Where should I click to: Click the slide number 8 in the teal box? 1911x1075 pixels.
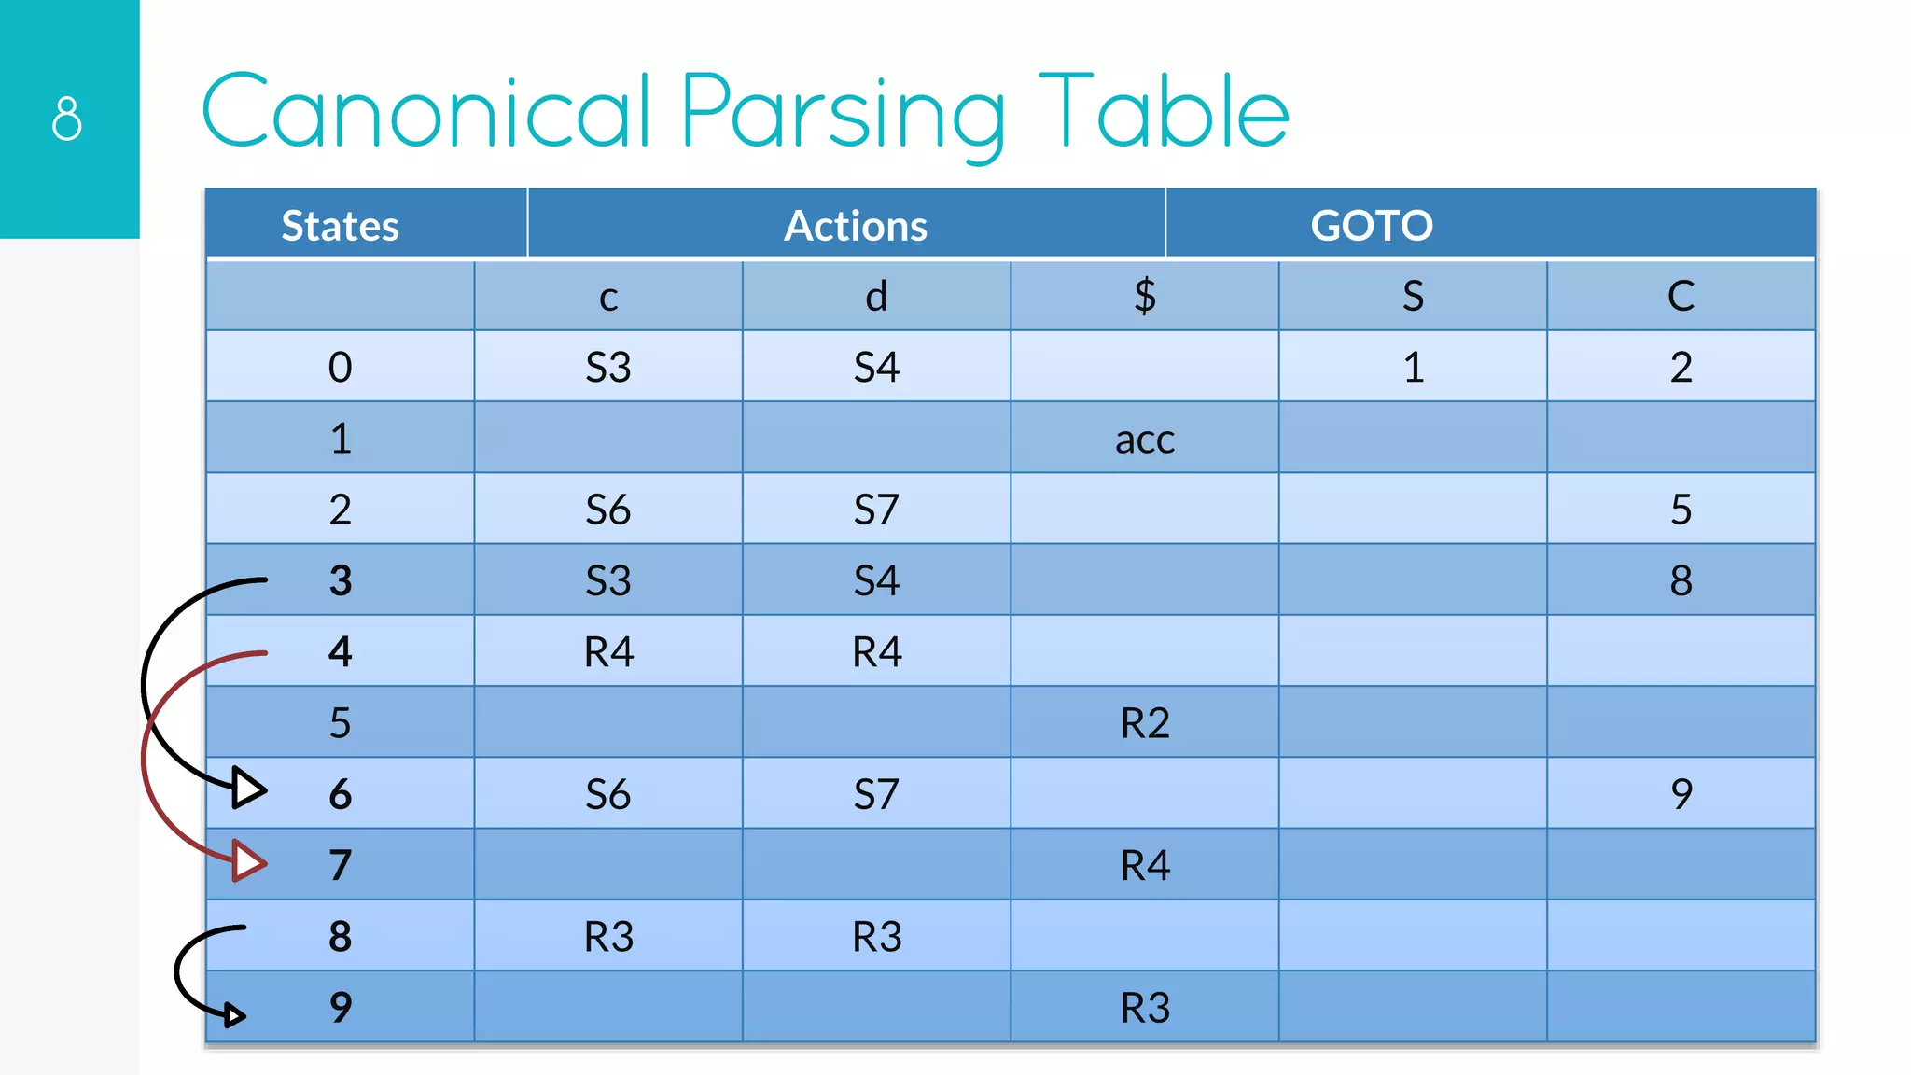(67, 119)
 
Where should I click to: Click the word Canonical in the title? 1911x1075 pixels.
(425, 112)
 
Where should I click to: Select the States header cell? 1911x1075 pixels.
(341, 226)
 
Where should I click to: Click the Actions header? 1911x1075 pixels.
(856, 226)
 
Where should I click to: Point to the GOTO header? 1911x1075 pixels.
(1372, 226)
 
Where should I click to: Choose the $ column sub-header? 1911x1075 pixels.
(1145, 297)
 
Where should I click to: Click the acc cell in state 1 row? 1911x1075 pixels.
(1145, 440)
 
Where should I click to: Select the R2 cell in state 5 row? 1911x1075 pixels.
(1145, 723)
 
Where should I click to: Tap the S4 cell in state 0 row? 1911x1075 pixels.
(877, 368)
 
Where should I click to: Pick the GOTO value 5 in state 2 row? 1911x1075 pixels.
(1681, 510)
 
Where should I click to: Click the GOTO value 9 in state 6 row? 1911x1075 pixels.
(1681, 794)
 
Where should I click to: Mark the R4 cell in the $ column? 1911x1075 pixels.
(1145, 866)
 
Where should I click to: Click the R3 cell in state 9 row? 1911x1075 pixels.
(1145, 1008)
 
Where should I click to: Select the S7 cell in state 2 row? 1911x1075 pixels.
(877, 510)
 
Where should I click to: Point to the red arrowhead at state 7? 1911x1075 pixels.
(248, 860)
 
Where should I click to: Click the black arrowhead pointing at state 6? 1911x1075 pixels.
(248, 789)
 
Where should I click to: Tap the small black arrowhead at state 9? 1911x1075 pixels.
(234, 1014)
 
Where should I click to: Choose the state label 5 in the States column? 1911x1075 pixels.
(341, 723)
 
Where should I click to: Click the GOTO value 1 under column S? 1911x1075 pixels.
(1414, 368)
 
